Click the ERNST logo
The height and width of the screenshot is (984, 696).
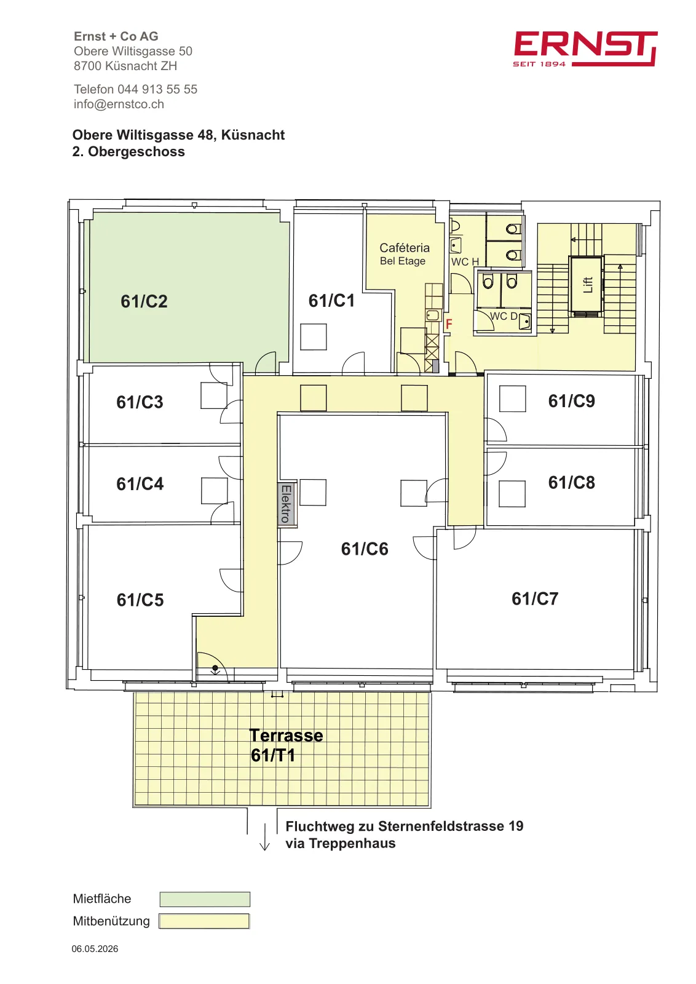585,49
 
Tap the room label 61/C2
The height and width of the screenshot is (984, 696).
144,301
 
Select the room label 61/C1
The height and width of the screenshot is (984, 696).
331,301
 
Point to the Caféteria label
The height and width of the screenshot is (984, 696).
405,248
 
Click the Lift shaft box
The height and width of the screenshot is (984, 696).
586,285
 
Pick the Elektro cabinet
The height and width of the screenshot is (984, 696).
286,504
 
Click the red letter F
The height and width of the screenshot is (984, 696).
449,324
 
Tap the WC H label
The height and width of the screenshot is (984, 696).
465,262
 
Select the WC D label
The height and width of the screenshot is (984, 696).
504,316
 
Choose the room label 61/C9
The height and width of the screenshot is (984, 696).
571,401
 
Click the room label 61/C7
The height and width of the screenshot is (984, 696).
535,599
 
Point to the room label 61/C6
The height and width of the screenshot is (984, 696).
365,549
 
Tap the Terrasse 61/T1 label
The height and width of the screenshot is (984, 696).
286,745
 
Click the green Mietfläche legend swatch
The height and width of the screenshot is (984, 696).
205,899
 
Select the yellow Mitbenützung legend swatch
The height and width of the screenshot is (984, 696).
204,921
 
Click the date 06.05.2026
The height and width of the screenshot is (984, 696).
95,949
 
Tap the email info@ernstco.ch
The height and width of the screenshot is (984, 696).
119,104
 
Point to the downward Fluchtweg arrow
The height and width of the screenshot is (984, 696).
264,837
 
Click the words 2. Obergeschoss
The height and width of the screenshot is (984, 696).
129,151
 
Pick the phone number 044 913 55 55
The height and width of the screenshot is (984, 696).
157,89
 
